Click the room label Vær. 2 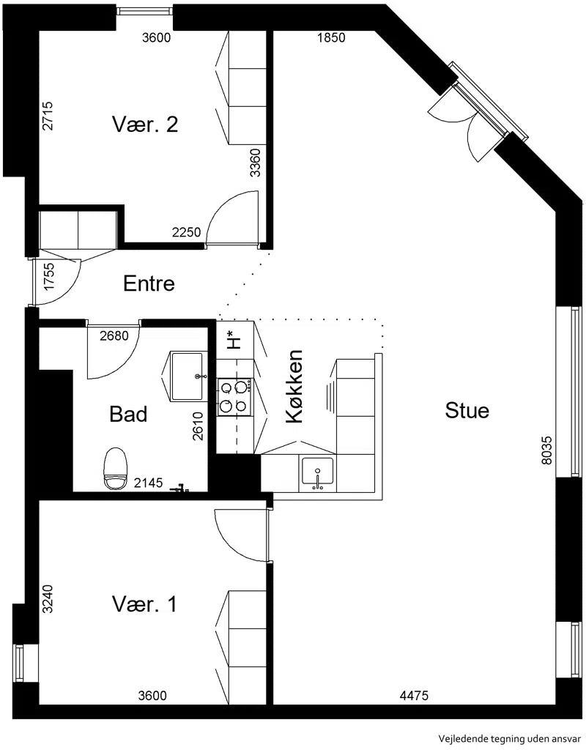tap(145, 125)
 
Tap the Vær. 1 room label tap(144, 604)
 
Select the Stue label tap(467, 410)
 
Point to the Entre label tap(149, 283)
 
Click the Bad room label tap(128, 414)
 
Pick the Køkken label tap(294, 387)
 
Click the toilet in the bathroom tap(116, 468)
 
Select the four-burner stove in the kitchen tap(234, 396)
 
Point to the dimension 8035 tap(546, 450)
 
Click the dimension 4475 tap(415, 696)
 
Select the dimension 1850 tap(331, 37)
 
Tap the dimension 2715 tap(48, 116)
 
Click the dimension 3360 tap(256, 163)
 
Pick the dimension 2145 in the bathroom tap(148, 483)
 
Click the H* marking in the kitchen tap(234, 339)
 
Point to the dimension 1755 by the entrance tap(49, 276)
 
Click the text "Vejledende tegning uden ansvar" tap(511, 738)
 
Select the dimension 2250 tap(187, 232)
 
